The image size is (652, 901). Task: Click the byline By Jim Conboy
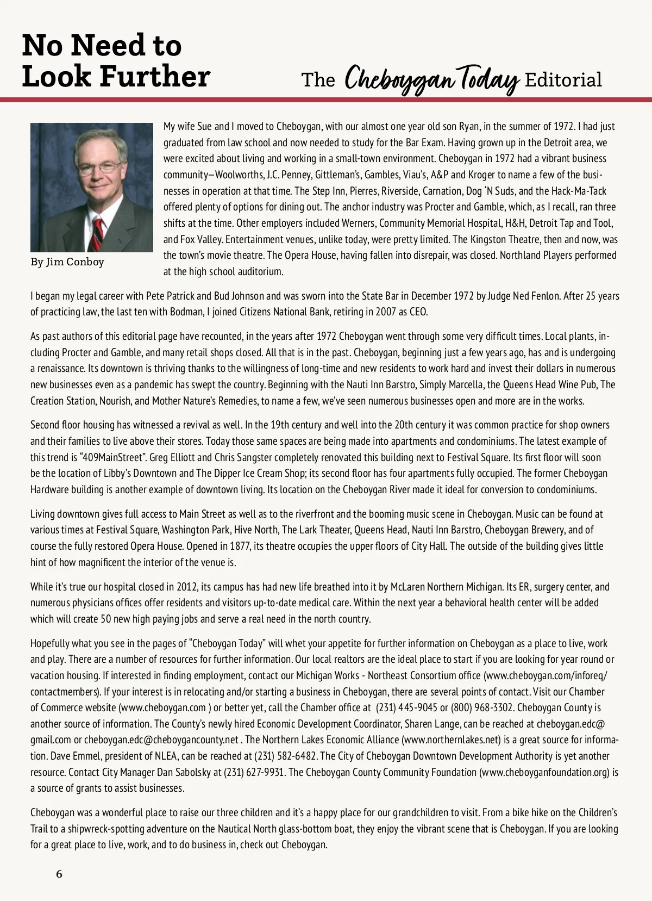pyautogui.click(x=67, y=262)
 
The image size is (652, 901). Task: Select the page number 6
pyautogui.click(x=59, y=874)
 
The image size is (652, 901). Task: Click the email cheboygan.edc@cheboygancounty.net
pyautogui.click(x=161, y=740)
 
